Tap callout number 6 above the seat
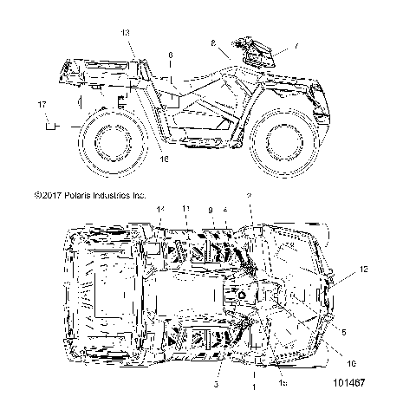tap(170, 55)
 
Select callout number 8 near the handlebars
tap(213, 42)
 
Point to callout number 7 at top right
tap(296, 45)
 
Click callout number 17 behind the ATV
tap(41, 105)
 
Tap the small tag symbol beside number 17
tap(51, 126)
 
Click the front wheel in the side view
tap(285, 138)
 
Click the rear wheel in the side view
tap(111, 140)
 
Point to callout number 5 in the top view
tap(344, 331)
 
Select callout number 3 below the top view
tap(215, 382)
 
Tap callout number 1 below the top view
tap(252, 387)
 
